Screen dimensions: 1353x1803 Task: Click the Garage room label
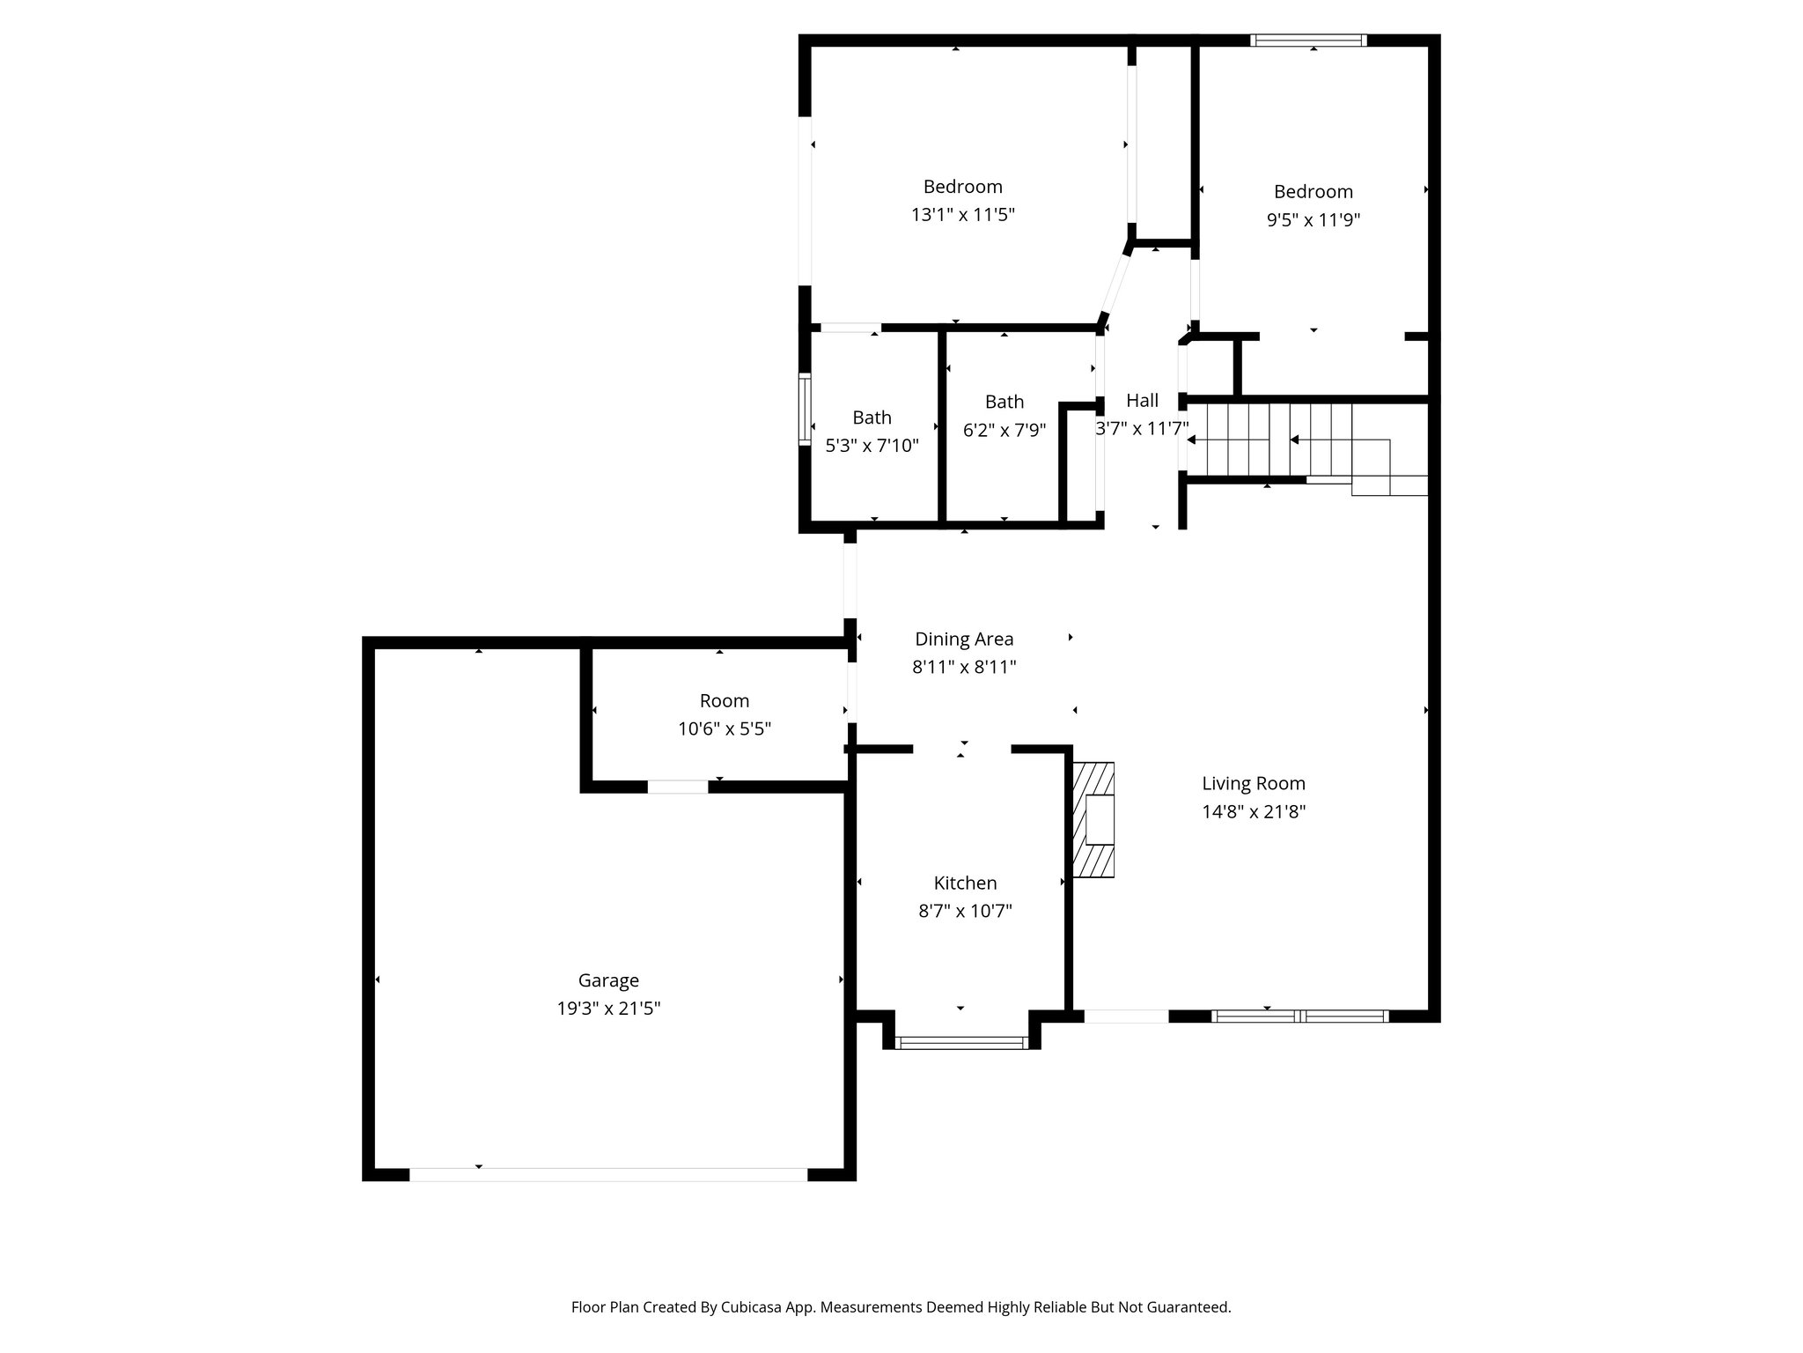pyautogui.click(x=608, y=980)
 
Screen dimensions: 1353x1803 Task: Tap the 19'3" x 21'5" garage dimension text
pyautogui.click(x=608, y=1009)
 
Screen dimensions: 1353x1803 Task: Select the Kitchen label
pyautogui.click(x=965, y=883)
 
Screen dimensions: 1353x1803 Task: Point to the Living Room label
pyautogui.click(x=1253, y=783)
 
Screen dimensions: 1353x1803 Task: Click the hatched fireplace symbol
pyautogui.click(x=1093, y=820)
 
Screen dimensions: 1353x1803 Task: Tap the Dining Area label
pyautogui.click(x=964, y=639)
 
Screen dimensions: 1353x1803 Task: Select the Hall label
pyautogui.click(x=1142, y=401)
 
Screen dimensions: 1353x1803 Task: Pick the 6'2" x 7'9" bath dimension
pyautogui.click(x=1004, y=430)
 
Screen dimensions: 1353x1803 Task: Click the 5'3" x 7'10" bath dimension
pyautogui.click(x=872, y=446)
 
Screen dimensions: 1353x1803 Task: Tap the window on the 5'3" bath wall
pyautogui.click(x=805, y=409)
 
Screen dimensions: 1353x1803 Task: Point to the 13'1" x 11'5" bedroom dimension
pyautogui.click(x=962, y=215)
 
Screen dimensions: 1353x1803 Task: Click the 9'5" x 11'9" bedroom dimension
pyautogui.click(x=1313, y=220)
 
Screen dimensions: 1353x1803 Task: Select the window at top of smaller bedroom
pyautogui.click(x=1308, y=40)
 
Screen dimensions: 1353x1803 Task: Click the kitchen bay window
pyautogui.click(x=961, y=1043)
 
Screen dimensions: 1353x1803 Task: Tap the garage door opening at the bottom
pyautogui.click(x=607, y=1174)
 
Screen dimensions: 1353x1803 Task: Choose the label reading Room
pyautogui.click(x=724, y=701)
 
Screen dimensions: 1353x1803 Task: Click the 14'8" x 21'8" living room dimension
pyautogui.click(x=1253, y=812)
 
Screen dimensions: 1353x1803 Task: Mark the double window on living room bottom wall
pyautogui.click(x=1299, y=1016)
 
